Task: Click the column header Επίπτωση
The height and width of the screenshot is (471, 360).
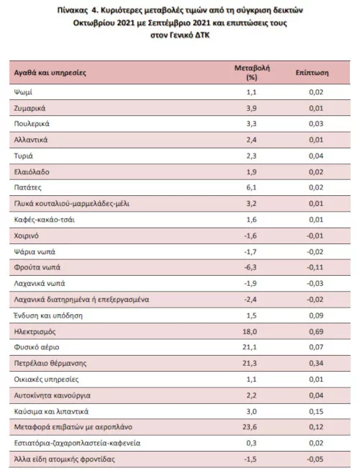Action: pyautogui.click(x=312, y=73)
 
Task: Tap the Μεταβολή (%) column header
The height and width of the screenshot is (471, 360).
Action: pyautogui.click(x=252, y=73)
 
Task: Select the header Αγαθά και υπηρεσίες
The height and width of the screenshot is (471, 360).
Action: pyautogui.click(x=50, y=73)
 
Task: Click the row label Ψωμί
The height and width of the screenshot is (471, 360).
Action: pyautogui.click(x=23, y=92)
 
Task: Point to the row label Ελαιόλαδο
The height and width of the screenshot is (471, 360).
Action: pyautogui.click(x=32, y=172)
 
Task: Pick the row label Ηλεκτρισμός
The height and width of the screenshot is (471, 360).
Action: pyautogui.click(x=35, y=331)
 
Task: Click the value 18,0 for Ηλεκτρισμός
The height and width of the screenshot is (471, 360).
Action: pyautogui.click(x=250, y=331)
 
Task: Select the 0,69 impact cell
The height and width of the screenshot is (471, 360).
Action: pyautogui.click(x=316, y=331)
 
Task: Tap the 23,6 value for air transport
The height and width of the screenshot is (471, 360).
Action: pyautogui.click(x=250, y=427)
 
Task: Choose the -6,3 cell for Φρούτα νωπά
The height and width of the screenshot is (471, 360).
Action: pyautogui.click(x=251, y=267)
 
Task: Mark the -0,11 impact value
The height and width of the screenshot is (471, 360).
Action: pyautogui.click(x=315, y=267)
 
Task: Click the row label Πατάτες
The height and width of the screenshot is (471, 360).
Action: pyautogui.click(x=27, y=188)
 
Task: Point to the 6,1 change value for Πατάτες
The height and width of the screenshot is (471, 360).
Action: pyautogui.click(x=251, y=188)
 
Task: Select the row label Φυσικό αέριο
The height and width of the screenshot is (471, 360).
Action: pyautogui.click(x=37, y=347)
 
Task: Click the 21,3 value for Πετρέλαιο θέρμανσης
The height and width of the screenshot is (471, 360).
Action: pyautogui.click(x=250, y=363)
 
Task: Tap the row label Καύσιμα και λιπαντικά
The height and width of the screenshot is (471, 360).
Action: pyautogui.click(x=51, y=411)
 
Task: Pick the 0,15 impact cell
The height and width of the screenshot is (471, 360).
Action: pyautogui.click(x=316, y=411)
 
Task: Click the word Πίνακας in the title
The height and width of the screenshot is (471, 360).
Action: pyautogui.click(x=71, y=11)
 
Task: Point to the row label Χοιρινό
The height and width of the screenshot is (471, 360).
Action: pyautogui.click(x=27, y=235)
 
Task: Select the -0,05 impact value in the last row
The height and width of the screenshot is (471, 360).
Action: pyautogui.click(x=315, y=459)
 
